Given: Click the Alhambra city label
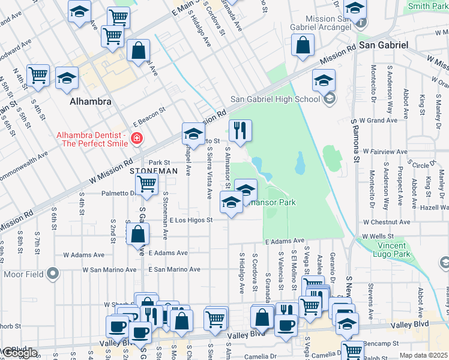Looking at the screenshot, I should (90, 101).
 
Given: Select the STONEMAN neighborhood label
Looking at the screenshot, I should (154, 171).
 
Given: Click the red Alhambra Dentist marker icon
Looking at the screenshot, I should (137, 139).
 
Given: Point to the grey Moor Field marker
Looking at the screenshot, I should (53, 275).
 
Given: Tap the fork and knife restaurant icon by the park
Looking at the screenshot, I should (240, 130).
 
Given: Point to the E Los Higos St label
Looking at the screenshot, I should (191, 220).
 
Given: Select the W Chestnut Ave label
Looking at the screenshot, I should (387, 222).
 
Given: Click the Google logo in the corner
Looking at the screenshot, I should (20, 353).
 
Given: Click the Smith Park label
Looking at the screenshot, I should (427, 7).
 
